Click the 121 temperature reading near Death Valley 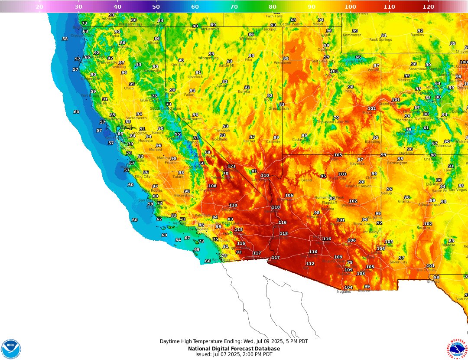pyautogui.click(x=231, y=167)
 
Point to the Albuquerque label pyautogui.click(x=429, y=204)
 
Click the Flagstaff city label pyautogui.click(x=329, y=203)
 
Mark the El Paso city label pyautogui.click(x=433, y=281)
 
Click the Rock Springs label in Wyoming pyautogui.click(x=380, y=39)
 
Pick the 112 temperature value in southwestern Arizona pyautogui.click(x=310, y=264)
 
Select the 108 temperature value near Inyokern pyautogui.click(x=212, y=186)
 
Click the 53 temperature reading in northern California pyautogui.click(x=138, y=65)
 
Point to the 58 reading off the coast pyautogui.click(x=65, y=39)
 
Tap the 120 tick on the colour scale pyautogui.click(x=428, y=7)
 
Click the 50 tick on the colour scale pyautogui.click(x=156, y=7)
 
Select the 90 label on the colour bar pyautogui.click(x=312, y=7)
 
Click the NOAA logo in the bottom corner pyautogui.click(x=11, y=349)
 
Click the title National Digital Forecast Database pyautogui.click(x=234, y=349)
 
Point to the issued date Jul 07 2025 pyautogui.click(x=234, y=354)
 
